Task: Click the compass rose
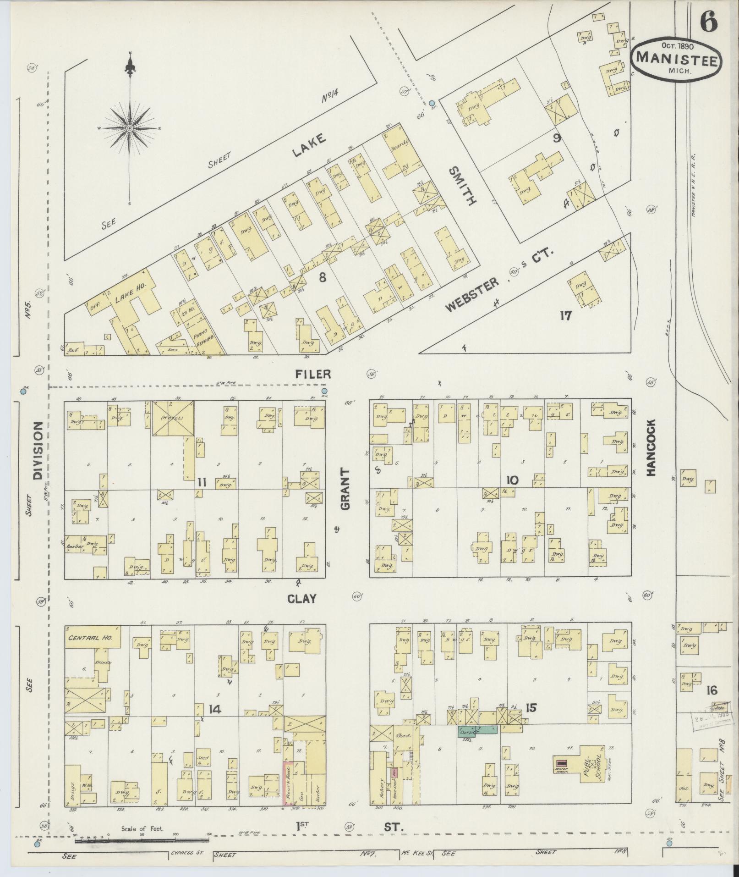tap(130, 128)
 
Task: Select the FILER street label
tap(313, 375)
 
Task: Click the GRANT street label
tap(345, 488)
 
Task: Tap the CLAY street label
tap(301, 598)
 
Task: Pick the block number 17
tap(565, 315)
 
